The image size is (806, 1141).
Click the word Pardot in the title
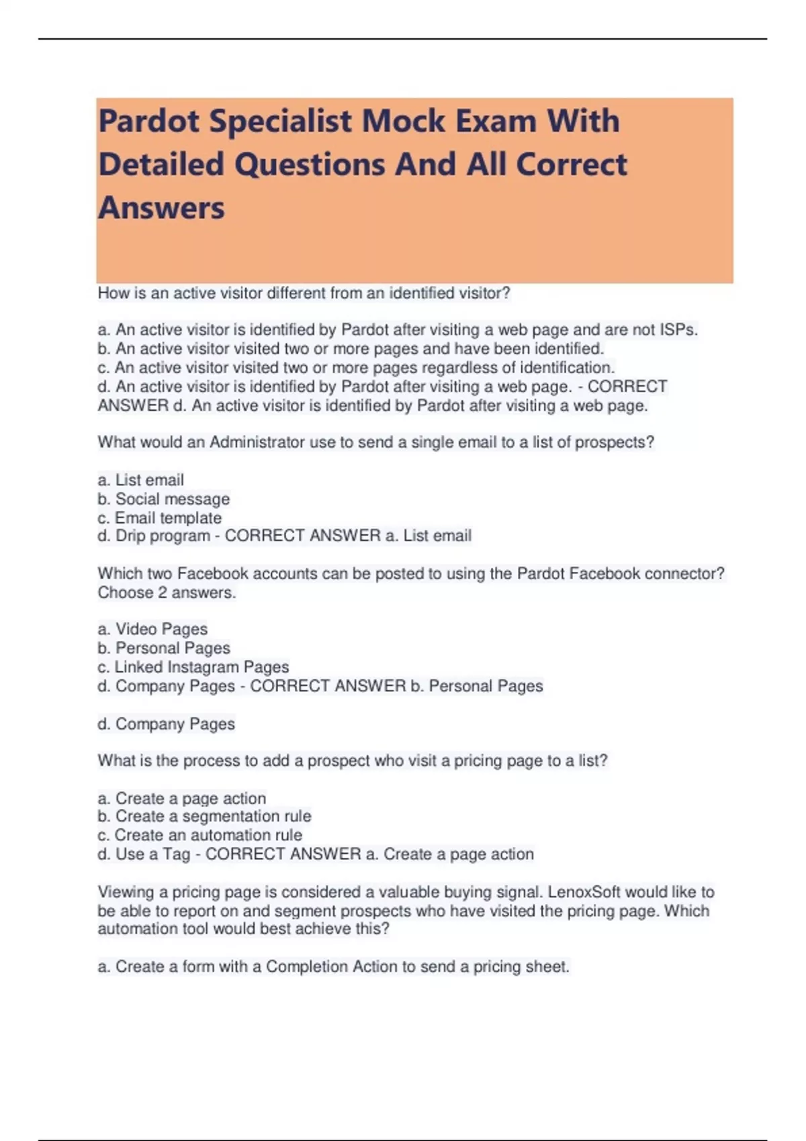pos(148,121)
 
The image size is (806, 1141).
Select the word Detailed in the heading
pos(161,164)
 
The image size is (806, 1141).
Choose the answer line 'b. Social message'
pos(164,499)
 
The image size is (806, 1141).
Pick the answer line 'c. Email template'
pos(160,517)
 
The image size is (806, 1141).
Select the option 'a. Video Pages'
pos(152,629)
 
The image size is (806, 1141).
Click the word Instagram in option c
pos(203,667)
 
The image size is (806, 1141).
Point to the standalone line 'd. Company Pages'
pos(167,724)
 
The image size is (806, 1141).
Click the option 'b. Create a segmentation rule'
pos(204,816)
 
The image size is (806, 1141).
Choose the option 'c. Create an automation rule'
pos(199,835)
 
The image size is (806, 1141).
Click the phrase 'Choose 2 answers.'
pos(167,593)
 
